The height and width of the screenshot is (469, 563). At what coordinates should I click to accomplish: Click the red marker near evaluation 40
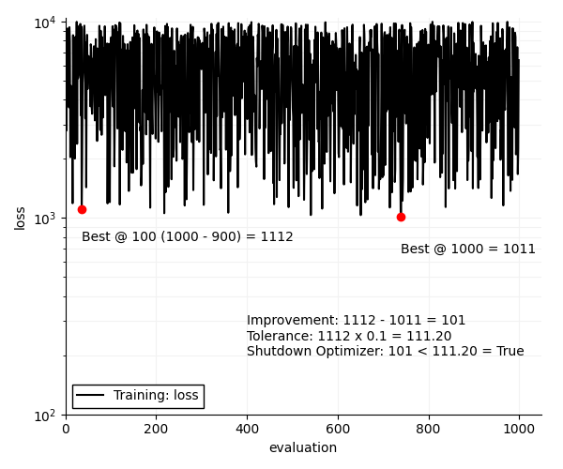tap(82, 209)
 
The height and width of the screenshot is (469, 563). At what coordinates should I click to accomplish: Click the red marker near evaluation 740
tap(401, 217)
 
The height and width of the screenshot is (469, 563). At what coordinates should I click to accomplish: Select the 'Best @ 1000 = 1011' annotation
tap(467, 250)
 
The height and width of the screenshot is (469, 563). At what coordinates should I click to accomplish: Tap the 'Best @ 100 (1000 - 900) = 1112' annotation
tap(187, 237)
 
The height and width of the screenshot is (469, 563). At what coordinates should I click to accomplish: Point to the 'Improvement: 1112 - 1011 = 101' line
tap(356, 321)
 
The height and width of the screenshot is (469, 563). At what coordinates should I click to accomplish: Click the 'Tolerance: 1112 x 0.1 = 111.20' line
tap(349, 336)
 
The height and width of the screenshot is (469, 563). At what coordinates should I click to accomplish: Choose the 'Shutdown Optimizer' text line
tap(385, 352)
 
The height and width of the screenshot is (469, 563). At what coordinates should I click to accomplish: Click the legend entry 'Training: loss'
tap(156, 396)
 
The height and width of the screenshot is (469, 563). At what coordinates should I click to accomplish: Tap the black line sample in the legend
tap(90, 396)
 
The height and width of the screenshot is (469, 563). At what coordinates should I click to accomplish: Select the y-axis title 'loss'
tap(21, 218)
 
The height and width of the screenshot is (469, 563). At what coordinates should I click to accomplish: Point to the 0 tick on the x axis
tap(66, 429)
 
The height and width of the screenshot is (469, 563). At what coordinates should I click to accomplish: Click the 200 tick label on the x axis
tap(156, 429)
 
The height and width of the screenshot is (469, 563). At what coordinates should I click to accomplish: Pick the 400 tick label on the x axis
tap(247, 429)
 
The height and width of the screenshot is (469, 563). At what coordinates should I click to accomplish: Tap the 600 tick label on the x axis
tap(338, 429)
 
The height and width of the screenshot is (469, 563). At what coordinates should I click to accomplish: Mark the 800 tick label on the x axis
tap(428, 429)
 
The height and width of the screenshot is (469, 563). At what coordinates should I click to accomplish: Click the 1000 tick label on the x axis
tap(519, 429)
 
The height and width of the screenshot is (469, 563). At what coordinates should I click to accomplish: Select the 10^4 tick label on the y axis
tap(47, 23)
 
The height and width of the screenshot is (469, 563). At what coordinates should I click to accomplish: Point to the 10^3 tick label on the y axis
tap(47, 219)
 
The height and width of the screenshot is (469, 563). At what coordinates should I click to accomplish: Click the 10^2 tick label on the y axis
tap(47, 415)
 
